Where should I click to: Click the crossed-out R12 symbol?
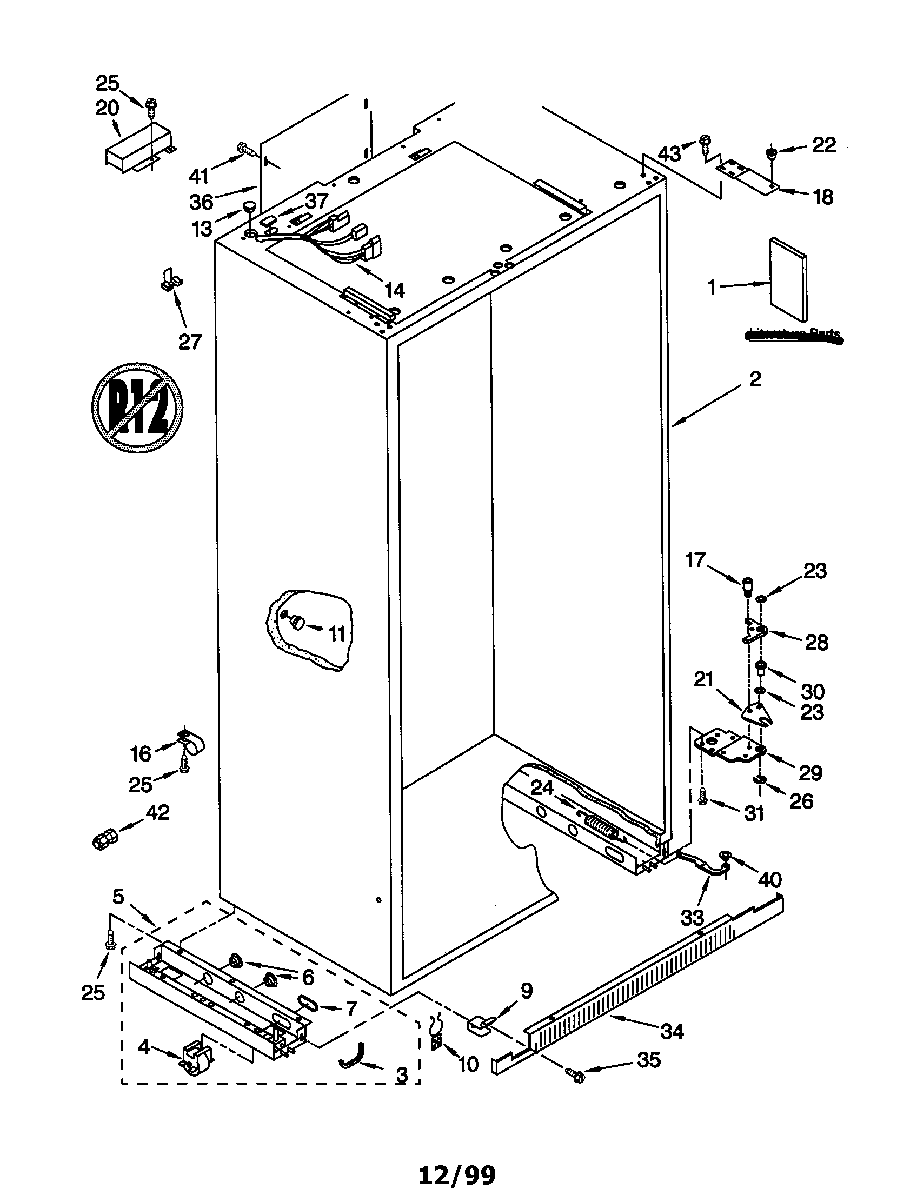tap(137, 406)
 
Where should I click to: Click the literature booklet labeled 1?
tap(788, 280)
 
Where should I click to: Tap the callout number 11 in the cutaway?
tap(337, 633)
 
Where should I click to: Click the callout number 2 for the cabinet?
tap(755, 379)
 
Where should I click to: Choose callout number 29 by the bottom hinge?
tap(810, 772)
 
